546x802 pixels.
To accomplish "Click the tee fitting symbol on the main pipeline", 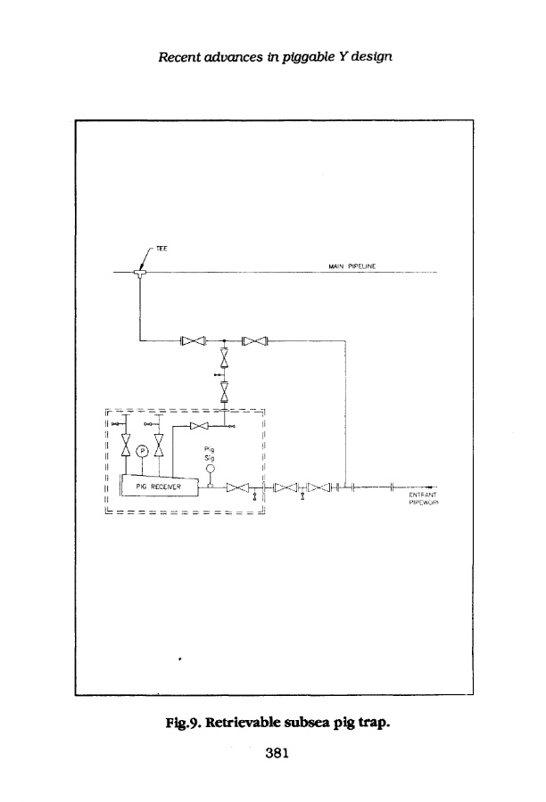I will (x=141, y=273).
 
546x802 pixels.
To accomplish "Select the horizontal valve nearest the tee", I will (x=194, y=340).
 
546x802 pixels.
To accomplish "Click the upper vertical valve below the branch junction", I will (x=225, y=360).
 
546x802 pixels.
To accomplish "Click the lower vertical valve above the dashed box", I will (x=225, y=389).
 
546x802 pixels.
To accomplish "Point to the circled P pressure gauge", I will (x=142, y=452).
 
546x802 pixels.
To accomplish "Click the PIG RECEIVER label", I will (x=158, y=487).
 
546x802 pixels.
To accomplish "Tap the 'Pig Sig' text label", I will (x=211, y=453).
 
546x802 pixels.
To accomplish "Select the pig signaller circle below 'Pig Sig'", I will (x=211, y=469).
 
